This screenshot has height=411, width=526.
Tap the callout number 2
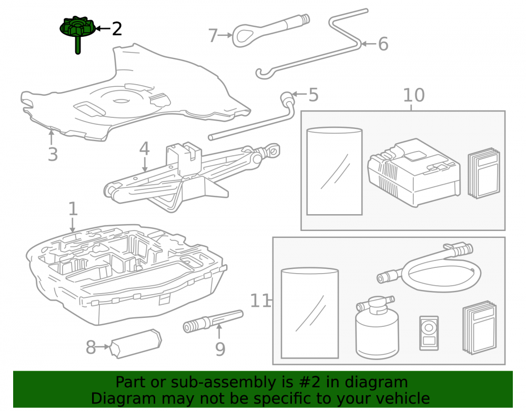click(117, 29)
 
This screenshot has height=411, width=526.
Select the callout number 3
click(53, 154)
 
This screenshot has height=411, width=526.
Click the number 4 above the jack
click(144, 148)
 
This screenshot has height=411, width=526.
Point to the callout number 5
click(313, 95)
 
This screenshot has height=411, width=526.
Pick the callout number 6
click(383, 44)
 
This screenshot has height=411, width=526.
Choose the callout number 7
click(213, 36)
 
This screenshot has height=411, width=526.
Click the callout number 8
click(90, 347)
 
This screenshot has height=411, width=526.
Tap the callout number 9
click(220, 349)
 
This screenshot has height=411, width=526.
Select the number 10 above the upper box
click(413, 95)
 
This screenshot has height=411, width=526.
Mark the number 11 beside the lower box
click(260, 301)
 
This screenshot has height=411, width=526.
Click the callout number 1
click(73, 209)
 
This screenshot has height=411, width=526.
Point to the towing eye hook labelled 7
click(268, 29)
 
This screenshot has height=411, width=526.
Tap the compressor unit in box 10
click(414, 173)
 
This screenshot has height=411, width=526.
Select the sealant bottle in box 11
click(377, 328)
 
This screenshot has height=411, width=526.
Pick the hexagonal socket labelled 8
click(136, 343)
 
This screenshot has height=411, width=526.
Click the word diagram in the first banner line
click(376, 383)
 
